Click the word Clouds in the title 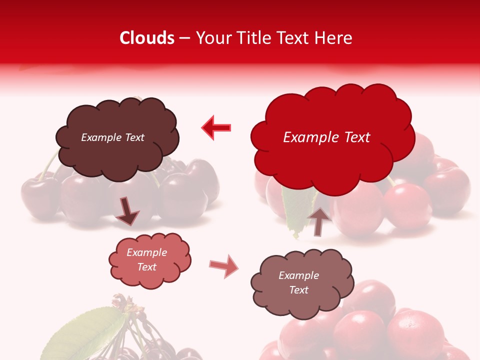147,38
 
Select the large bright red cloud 332,135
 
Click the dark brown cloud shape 117,137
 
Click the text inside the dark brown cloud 112,137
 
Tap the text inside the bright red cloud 326,137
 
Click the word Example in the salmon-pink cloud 147,252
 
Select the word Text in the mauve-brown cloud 298,290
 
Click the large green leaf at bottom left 87,332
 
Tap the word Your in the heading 210,38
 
